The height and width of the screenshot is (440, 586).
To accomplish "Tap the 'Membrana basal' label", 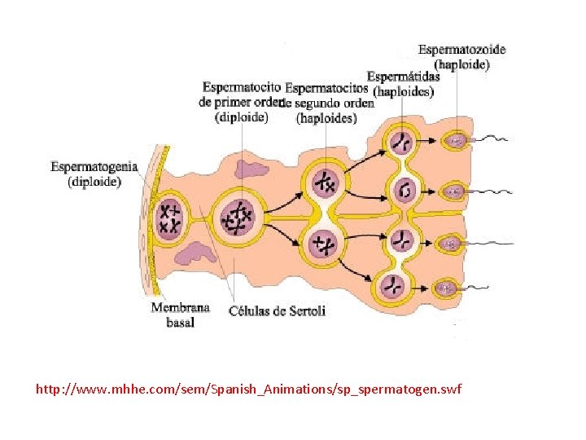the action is [x=180, y=315].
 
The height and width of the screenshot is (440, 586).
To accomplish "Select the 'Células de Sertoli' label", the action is [x=277, y=310].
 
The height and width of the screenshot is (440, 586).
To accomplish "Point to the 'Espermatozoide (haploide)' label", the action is [x=461, y=56].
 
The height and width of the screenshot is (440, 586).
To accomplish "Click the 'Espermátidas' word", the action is [x=403, y=77].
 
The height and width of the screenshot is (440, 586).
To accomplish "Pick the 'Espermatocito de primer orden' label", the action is [x=241, y=102].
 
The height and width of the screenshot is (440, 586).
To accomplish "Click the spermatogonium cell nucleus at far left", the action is [x=171, y=217].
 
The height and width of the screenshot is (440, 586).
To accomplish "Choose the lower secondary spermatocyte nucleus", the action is [x=326, y=243].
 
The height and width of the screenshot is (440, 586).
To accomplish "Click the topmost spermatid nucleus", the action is [x=400, y=141].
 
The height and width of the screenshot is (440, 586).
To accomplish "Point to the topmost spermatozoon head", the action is [x=454, y=141].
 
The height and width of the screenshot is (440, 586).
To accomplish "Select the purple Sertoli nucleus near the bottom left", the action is [x=195, y=253].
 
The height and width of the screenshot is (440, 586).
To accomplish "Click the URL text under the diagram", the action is [x=248, y=389].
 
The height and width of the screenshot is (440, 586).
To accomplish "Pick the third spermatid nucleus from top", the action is [x=400, y=240].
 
